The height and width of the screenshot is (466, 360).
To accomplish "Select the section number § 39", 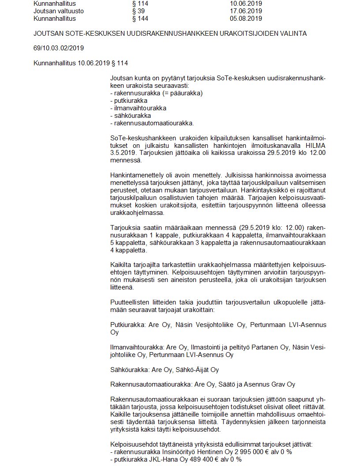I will point(138,11).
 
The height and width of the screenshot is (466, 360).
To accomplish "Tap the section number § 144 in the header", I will point(140,19).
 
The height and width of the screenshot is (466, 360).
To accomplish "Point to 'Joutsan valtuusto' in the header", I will point(59,11).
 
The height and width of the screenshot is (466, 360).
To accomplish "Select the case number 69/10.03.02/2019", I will point(59,48).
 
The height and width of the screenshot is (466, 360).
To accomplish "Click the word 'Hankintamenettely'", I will point(137,175).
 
